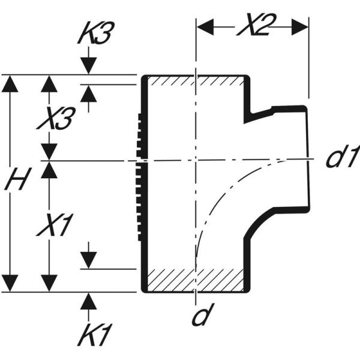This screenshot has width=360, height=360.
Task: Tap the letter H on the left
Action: point(16,180)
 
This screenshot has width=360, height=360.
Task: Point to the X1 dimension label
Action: point(55,226)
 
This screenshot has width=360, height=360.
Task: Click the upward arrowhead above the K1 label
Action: point(88,301)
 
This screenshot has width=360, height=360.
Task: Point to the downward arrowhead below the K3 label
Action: point(88,67)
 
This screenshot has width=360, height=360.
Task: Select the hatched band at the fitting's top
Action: point(195,80)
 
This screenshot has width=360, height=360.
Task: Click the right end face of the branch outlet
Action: point(308,159)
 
